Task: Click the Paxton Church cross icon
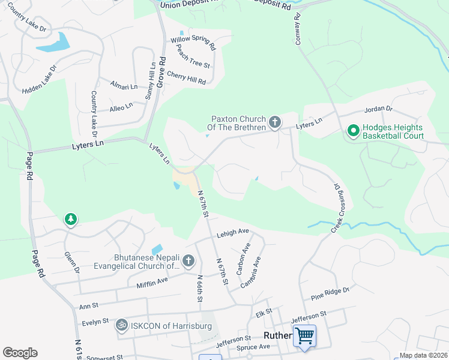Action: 275,123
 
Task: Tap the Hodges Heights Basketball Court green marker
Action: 353,130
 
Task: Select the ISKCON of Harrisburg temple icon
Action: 121,325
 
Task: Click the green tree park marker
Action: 71,220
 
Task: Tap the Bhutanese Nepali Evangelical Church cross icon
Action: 188,260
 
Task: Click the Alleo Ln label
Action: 121,107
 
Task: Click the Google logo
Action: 20,353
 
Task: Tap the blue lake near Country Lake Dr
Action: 53,41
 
